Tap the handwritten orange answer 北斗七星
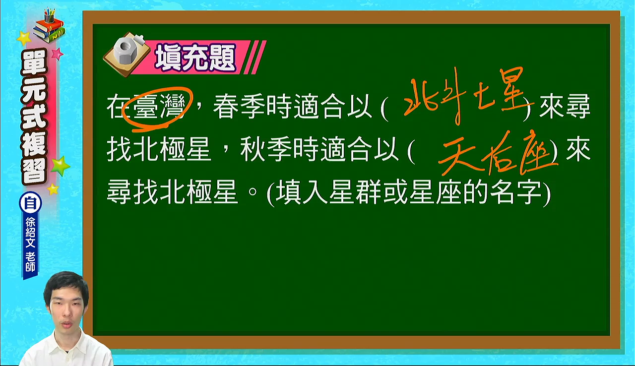[468, 96]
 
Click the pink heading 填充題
[195, 58]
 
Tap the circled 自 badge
[30, 203]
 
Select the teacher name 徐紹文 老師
[30, 244]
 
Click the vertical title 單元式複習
[34, 117]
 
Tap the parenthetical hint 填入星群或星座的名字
[408, 192]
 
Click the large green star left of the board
[60, 166]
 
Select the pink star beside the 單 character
[58, 54]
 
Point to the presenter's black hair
[65, 283]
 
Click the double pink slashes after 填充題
[254, 57]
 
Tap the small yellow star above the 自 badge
[53, 189]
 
